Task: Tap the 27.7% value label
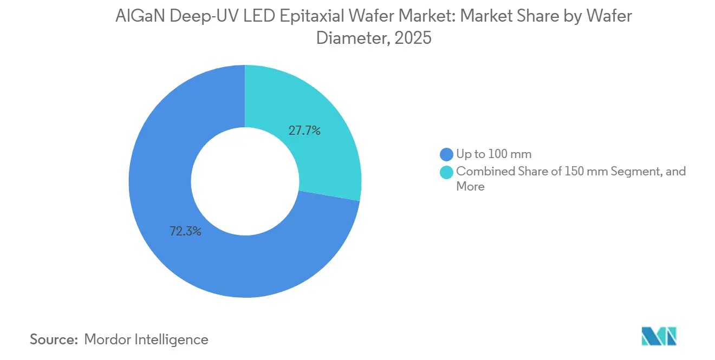(304, 130)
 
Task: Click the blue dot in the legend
(447, 154)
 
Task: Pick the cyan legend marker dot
(447, 172)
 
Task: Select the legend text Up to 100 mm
(493, 154)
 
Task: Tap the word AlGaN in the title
(140, 17)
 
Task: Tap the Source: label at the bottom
(53, 339)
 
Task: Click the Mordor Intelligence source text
(146, 339)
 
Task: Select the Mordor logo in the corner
(659, 336)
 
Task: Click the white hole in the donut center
(245, 181)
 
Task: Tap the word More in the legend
(470, 187)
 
